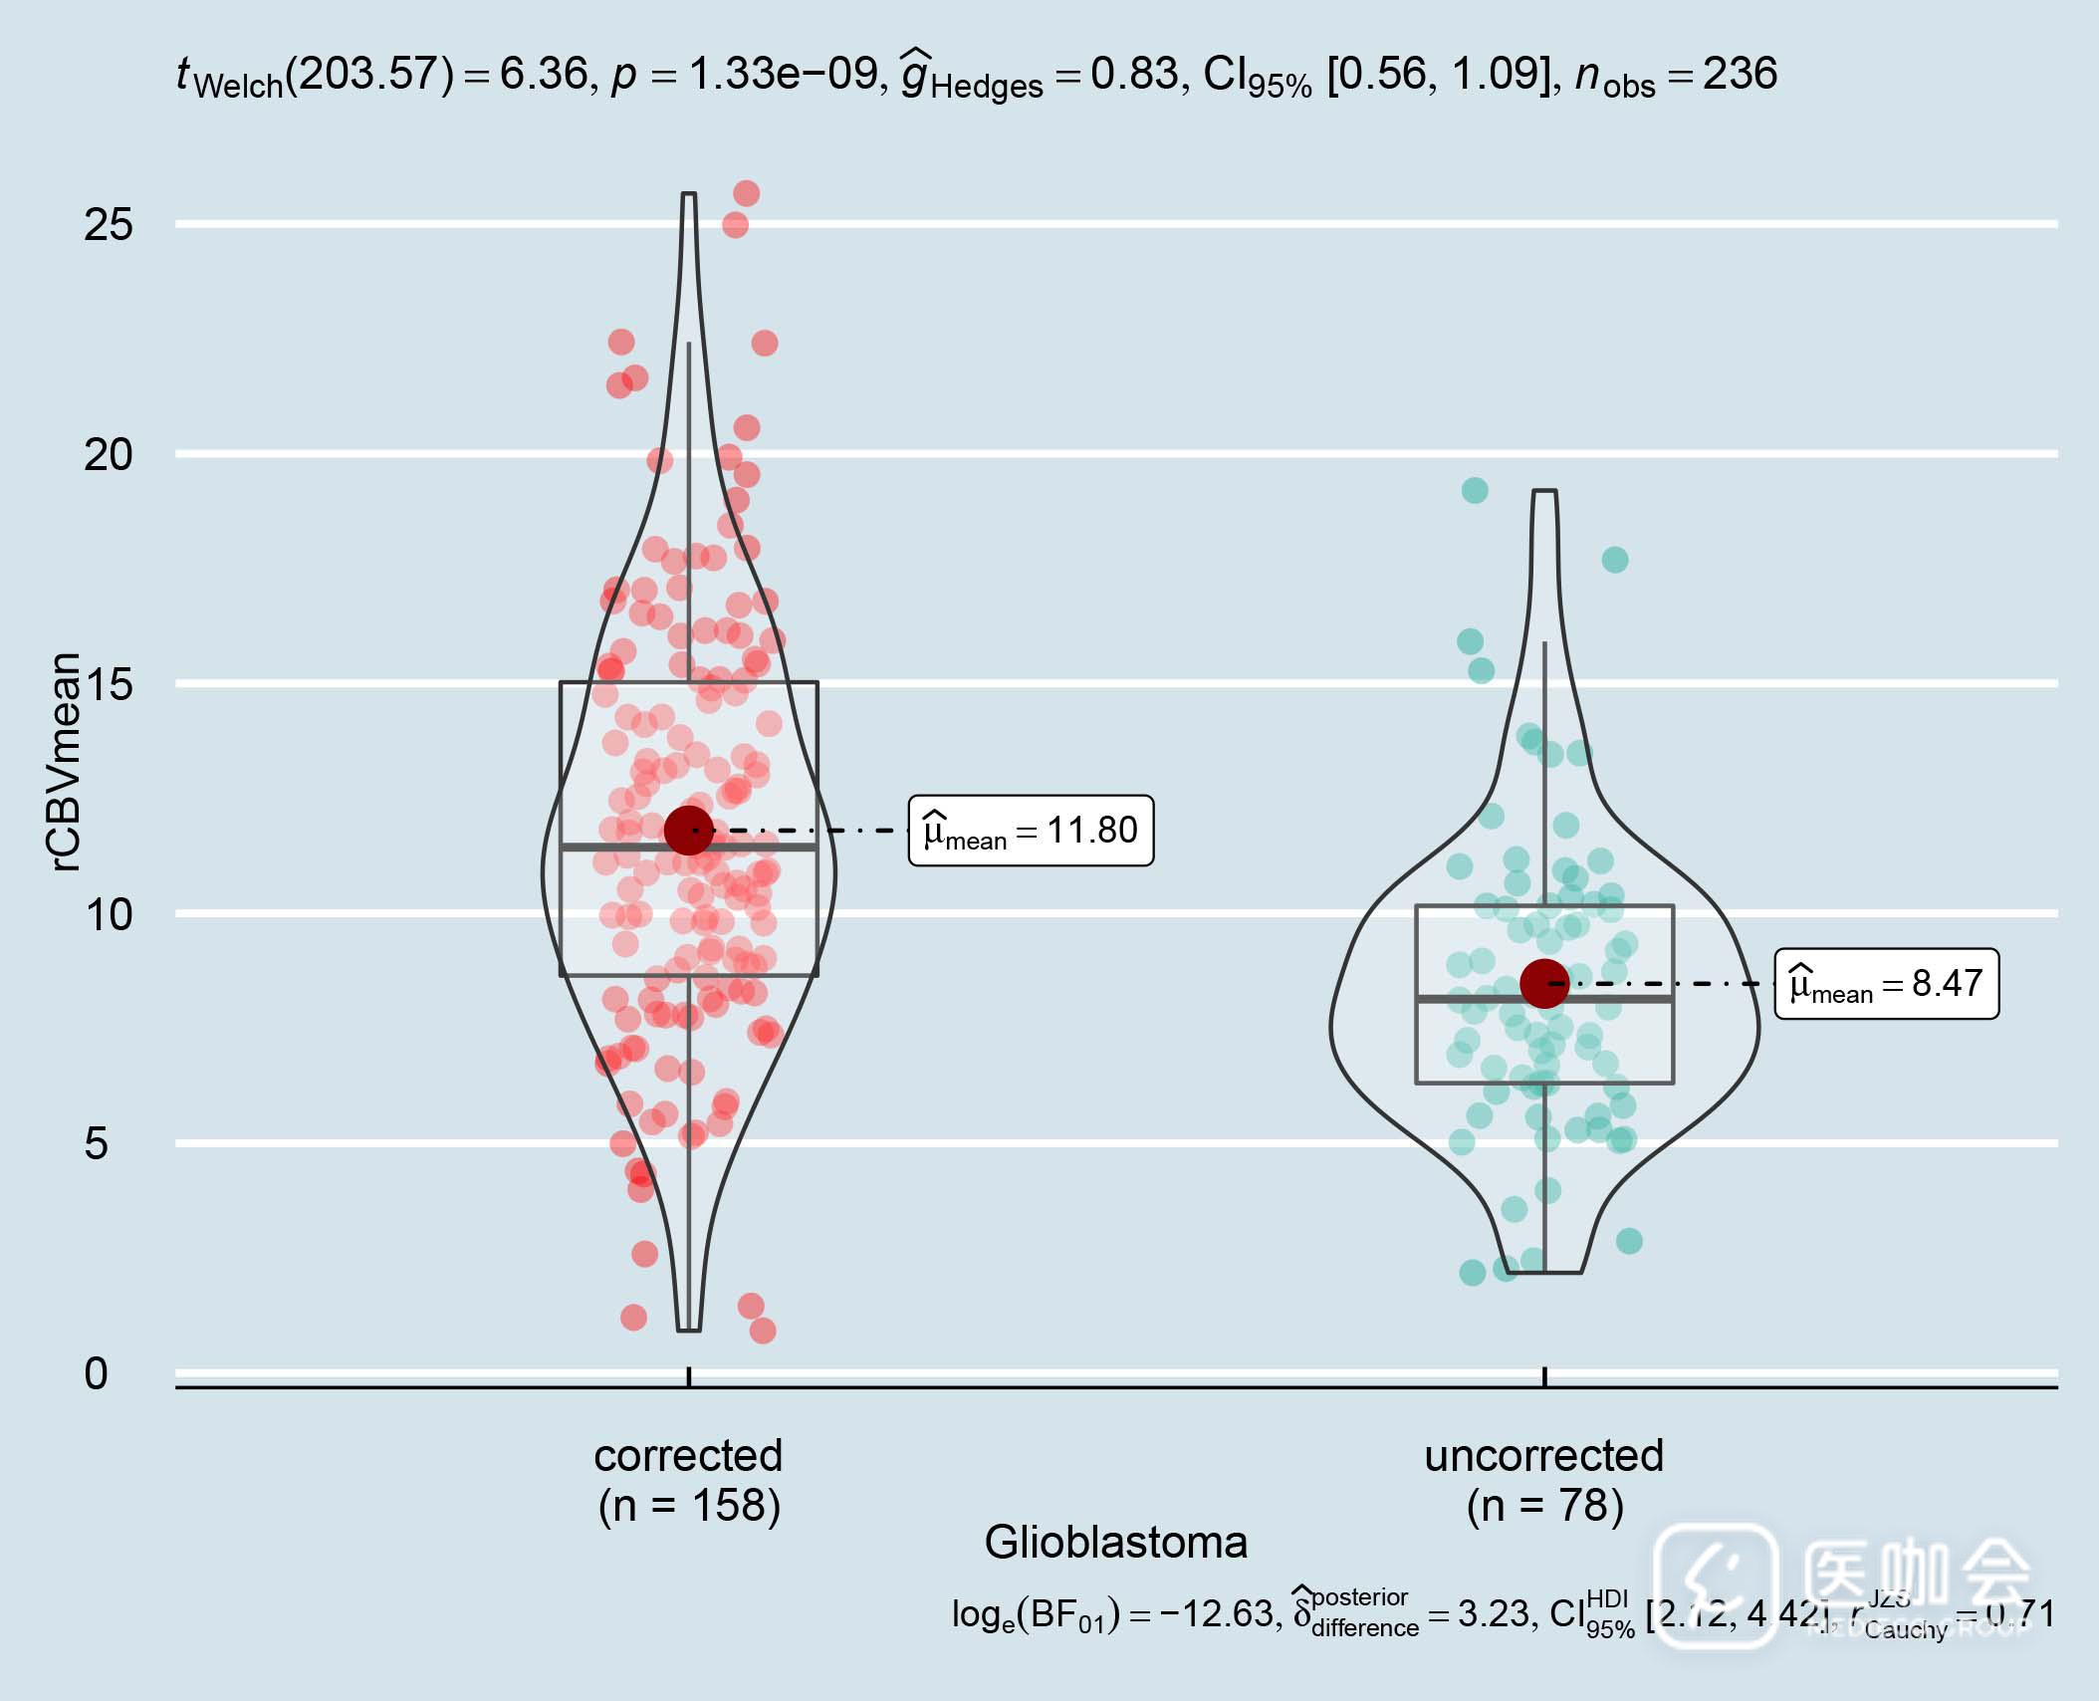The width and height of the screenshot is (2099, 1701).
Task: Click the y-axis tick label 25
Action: coord(108,225)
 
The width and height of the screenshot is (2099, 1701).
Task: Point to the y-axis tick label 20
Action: coord(108,455)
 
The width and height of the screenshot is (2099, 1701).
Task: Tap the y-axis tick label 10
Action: coord(108,914)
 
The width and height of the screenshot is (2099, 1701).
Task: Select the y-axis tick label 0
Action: coord(96,1373)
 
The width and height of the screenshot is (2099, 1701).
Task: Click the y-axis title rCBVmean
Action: coord(64,762)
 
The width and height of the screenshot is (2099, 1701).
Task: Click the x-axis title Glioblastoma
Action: coord(1115,1543)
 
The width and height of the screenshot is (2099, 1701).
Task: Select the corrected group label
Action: coord(688,1457)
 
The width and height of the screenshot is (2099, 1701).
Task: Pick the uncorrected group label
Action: coord(1543,1457)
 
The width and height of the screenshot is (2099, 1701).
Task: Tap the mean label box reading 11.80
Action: coord(1031,831)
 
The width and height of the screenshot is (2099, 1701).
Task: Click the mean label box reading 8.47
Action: coord(1886,984)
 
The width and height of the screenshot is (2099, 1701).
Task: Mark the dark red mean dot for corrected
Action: coord(689,830)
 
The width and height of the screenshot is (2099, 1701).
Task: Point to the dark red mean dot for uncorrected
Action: coord(1544,984)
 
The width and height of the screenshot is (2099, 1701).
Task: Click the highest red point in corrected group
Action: coord(747,193)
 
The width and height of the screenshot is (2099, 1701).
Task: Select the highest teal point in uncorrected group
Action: coord(1475,490)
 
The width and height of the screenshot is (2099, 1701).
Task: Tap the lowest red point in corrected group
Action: coord(763,1331)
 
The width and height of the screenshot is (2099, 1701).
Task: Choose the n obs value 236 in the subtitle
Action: coord(1740,74)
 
